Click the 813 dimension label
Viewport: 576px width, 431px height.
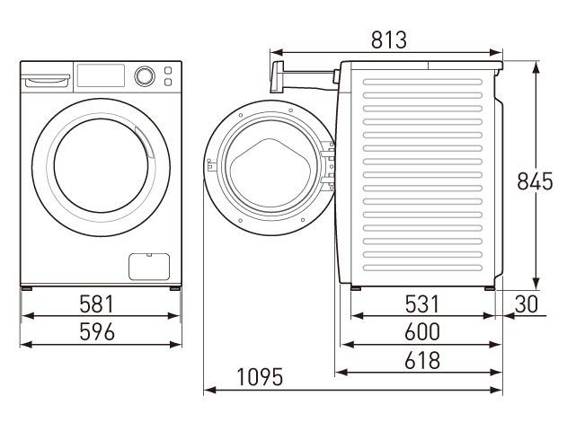point(389,40)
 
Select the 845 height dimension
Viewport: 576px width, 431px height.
point(535,181)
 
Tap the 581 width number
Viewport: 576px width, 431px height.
point(97,304)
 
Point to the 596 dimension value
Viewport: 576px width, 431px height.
point(97,331)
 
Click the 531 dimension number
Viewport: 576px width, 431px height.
point(421,304)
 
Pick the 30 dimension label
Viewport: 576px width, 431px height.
point(526,304)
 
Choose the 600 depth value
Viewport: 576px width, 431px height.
point(422,331)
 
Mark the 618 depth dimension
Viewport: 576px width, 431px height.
point(422,360)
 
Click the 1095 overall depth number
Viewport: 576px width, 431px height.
point(260,376)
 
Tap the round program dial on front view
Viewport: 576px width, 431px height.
point(145,76)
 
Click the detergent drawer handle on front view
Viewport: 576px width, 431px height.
point(46,78)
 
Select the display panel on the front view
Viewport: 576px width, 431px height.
point(101,75)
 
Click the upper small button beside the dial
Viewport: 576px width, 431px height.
point(168,70)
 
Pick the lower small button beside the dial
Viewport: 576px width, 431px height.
point(168,82)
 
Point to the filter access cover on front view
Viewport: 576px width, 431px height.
point(149,267)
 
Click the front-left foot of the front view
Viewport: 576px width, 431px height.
point(27,288)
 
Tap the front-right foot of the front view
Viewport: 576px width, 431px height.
point(175,288)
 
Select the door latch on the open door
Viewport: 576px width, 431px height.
point(210,165)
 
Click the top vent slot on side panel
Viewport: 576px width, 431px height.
point(422,82)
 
